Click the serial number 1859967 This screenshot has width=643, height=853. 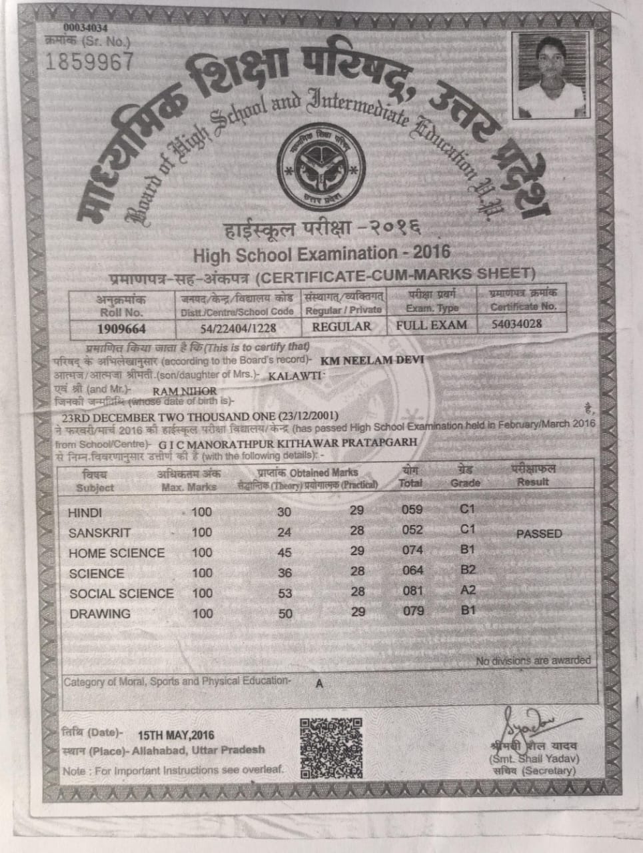(x=89, y=62)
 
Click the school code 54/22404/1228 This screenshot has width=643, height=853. (x=238, y=328)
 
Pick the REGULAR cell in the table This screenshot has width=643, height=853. (x=341, y=327)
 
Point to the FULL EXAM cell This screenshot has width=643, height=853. (x=431, y=325)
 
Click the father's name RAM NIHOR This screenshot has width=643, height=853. (x=185, y=391)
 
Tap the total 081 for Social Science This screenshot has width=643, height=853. (x=413, y=590)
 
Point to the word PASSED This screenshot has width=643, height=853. (x=539, y=534)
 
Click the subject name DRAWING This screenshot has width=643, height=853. (x=100, y=614)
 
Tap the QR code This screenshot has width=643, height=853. (x=330, y=748)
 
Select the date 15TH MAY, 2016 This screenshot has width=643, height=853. (x=176, y=735)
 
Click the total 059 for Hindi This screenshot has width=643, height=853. (x=412, y=510)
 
